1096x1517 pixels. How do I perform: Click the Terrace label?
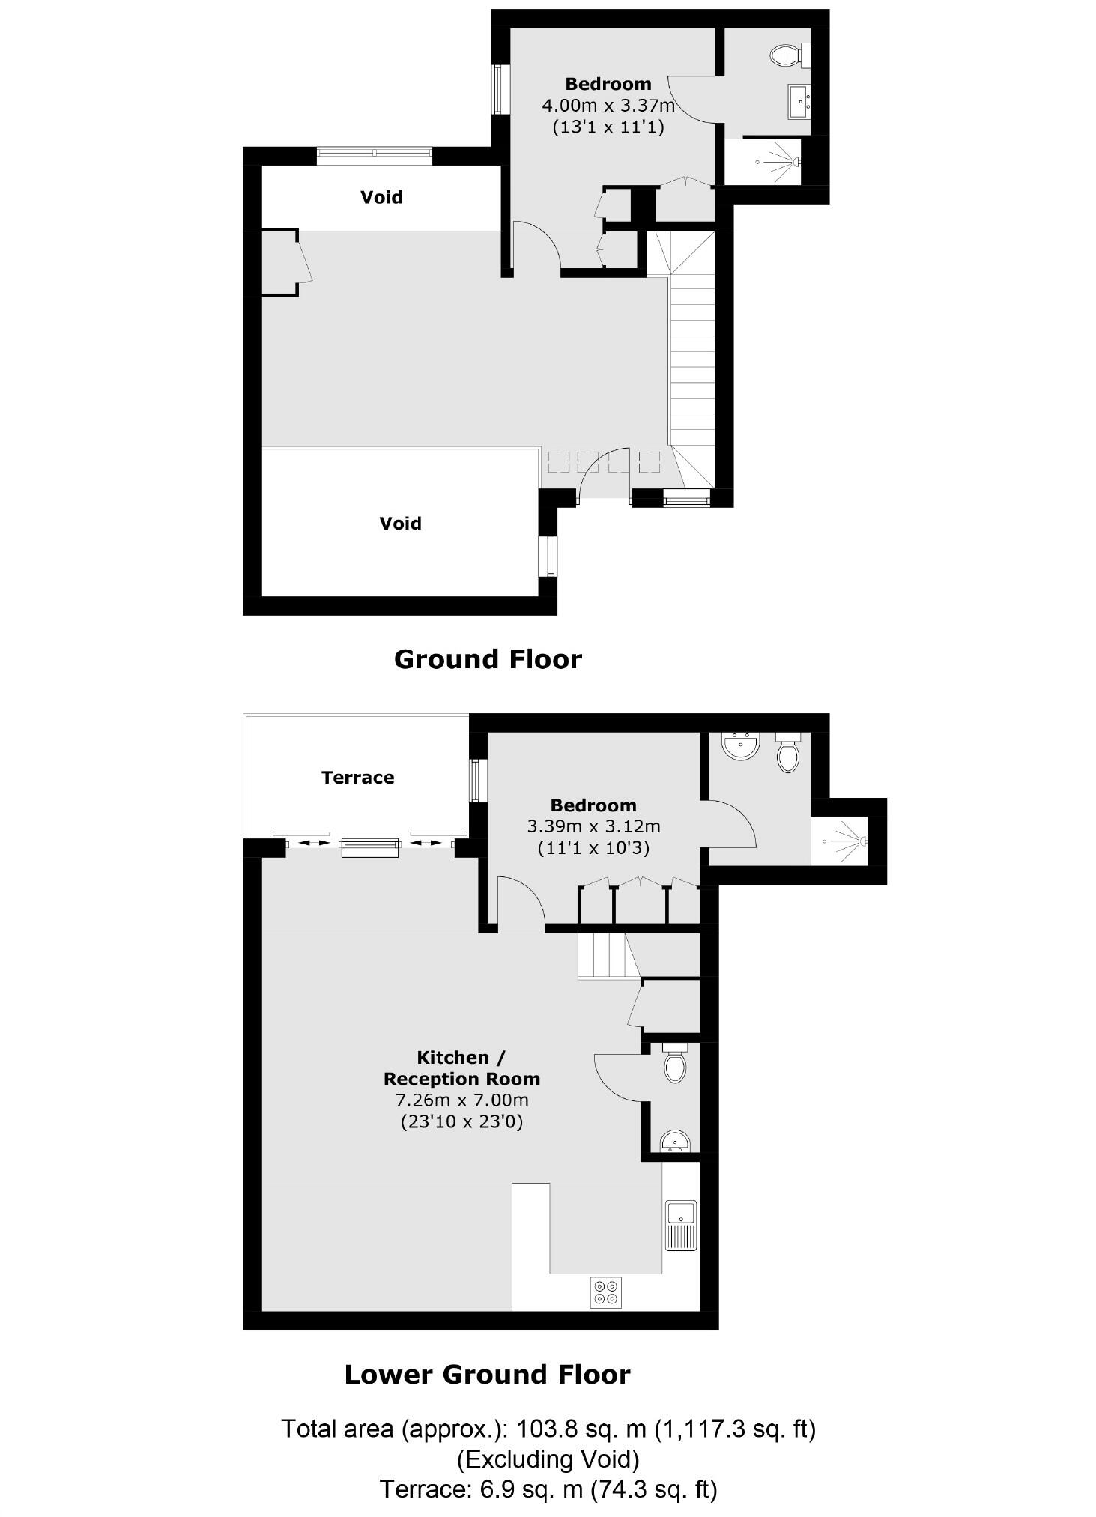tap(357, 778)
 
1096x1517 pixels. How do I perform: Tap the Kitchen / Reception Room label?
tap(461, 1068)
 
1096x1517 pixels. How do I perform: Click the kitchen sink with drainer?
tap(681, 1226)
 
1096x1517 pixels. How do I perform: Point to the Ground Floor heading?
tap(488, 659)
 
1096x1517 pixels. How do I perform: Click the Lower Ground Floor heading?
tap(487, 1375)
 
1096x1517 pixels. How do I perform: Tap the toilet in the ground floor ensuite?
tap(787, 53)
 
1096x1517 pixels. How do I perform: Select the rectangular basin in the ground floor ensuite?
tap(799, 101)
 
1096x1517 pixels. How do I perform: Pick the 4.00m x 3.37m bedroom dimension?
tap(608, 106)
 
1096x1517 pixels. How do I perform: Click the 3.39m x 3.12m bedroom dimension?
tap(593, 827)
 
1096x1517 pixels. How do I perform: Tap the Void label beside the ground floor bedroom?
tap(381, 197)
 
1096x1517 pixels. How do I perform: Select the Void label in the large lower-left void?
tap(400, 523)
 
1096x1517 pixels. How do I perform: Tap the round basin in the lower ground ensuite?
tap(741, 745)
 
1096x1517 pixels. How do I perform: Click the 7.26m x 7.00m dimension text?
tap(461, 1100)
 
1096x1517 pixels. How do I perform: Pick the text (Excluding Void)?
tap(548, 1459)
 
